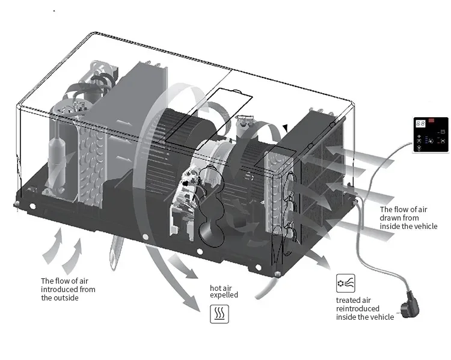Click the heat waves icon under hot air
pos(219,314)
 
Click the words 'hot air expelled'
pos(224,291)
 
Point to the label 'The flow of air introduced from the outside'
pos(68,289)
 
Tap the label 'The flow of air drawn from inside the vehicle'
pos(408,218)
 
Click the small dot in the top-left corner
pos(55,10)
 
